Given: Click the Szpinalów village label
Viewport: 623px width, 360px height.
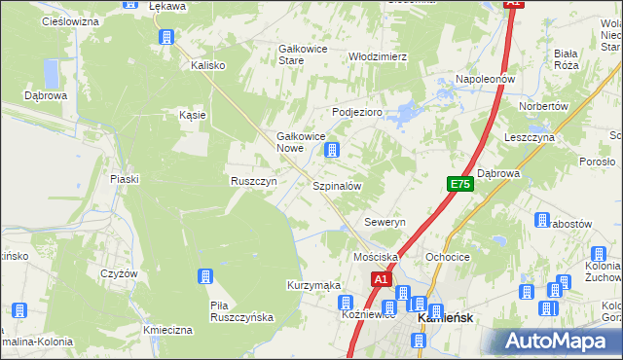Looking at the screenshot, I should coord(337,185).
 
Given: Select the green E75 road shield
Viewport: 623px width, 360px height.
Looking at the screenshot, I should coord(460,184).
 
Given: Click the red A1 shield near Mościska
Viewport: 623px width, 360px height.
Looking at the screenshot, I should coord(382,279).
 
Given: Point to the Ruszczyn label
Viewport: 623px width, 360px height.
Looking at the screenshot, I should coord(254,181).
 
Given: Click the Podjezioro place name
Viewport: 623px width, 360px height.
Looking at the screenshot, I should coord(358,112).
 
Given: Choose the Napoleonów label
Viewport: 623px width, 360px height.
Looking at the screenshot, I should coord(485,78).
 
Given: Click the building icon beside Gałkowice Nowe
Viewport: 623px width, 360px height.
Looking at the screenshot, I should coord(333,150).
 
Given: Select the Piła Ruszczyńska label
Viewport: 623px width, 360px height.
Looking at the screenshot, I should coord(242,311).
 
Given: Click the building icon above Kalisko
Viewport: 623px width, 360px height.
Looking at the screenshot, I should coord(165,37).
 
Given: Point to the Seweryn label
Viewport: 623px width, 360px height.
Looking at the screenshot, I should coord(385,222).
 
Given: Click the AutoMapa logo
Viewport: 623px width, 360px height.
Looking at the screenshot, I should coord(559,340).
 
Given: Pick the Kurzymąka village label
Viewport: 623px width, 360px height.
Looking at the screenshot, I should coord(312,285).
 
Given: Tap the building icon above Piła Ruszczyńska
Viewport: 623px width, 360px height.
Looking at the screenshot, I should coord(205,277).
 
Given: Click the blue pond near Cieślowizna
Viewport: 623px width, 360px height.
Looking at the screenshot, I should coord(52,72).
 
